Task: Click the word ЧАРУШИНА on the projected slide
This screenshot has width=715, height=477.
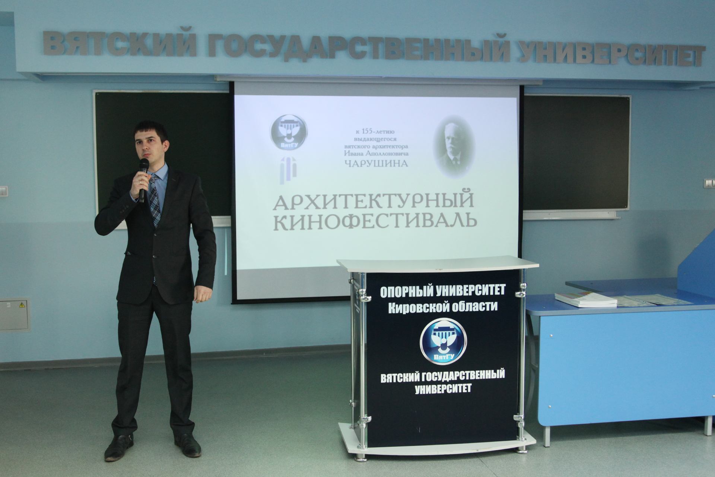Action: (376, 163)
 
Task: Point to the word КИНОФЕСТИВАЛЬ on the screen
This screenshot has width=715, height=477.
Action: (375, 221)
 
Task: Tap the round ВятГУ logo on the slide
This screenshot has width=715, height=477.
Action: (289, 132)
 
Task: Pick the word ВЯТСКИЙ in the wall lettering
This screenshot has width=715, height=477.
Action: (120, 44)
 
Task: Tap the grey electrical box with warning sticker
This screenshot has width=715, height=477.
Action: (14, 315)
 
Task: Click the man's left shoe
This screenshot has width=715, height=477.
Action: (188, 445)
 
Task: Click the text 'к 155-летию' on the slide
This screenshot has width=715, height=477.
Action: (375, 132)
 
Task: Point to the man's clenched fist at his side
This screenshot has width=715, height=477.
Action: (203, 293)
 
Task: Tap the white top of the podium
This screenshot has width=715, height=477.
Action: (438, 264)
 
